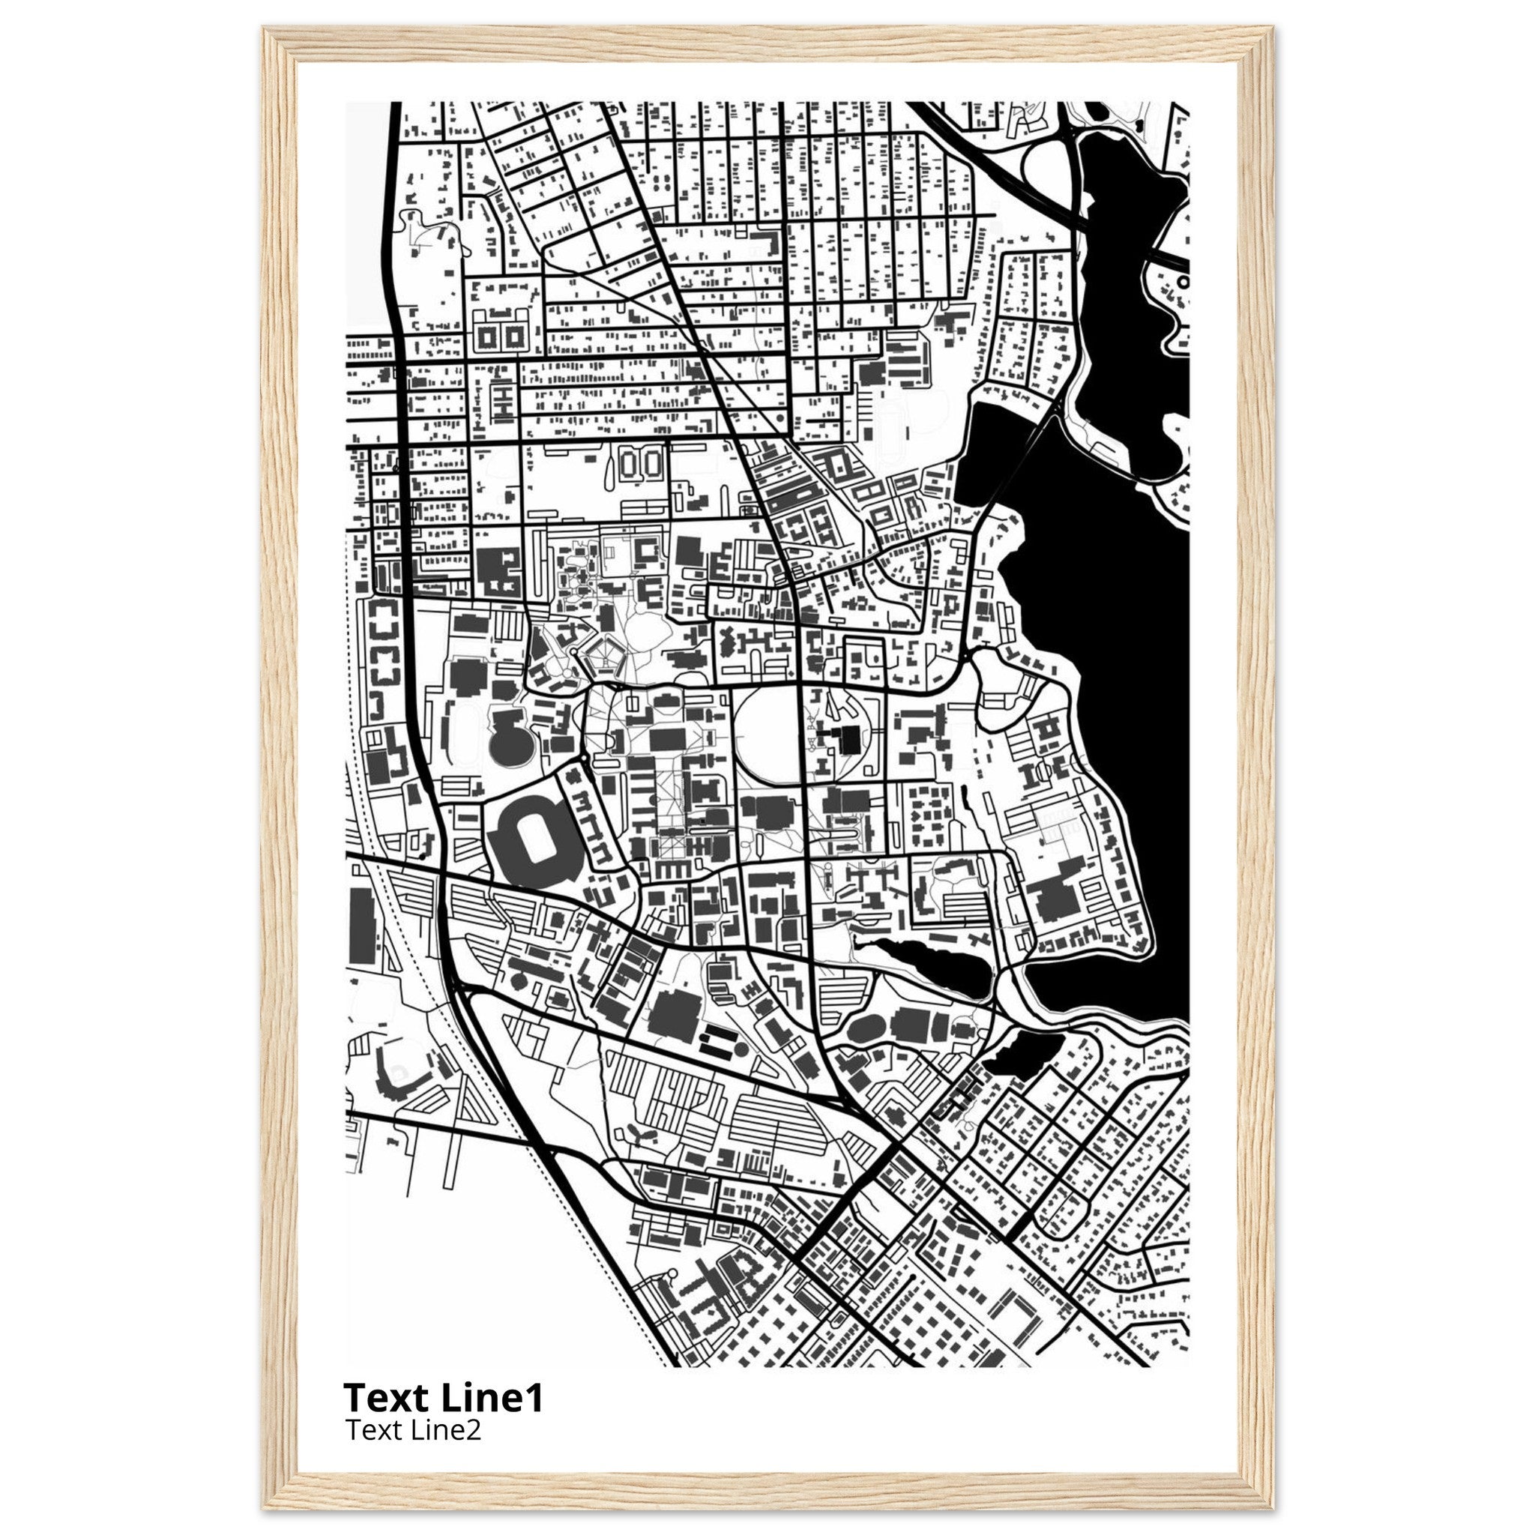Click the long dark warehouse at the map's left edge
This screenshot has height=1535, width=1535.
coord(361,925)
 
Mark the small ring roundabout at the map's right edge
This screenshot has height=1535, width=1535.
coord(1183,281)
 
